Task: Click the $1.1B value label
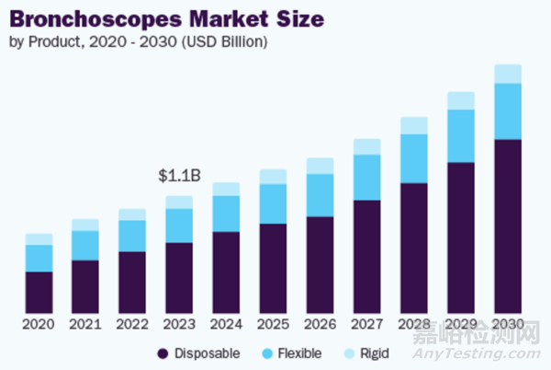(x=179, y=176)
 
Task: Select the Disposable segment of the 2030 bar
(x=508, y=225)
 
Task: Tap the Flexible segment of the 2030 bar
(x=508, y=111)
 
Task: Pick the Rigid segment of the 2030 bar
(x=508, y=74)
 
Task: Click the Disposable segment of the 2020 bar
(x=39, y=292)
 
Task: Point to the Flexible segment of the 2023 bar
(x=179, y=225)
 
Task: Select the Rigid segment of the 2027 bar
(x=367, y=146)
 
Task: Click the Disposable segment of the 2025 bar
(x=273, y=268)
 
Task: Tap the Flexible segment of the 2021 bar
(x=85, y=245)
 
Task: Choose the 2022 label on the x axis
(x=132, y=325)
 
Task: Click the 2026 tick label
(x=320, y=325)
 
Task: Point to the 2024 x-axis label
(x=226, y=325)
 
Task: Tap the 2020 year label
(x=39, y=325)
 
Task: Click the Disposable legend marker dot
(x=163, y=353)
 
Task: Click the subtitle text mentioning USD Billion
(x=124, y=41)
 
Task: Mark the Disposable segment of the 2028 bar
(x=414, y=248)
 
